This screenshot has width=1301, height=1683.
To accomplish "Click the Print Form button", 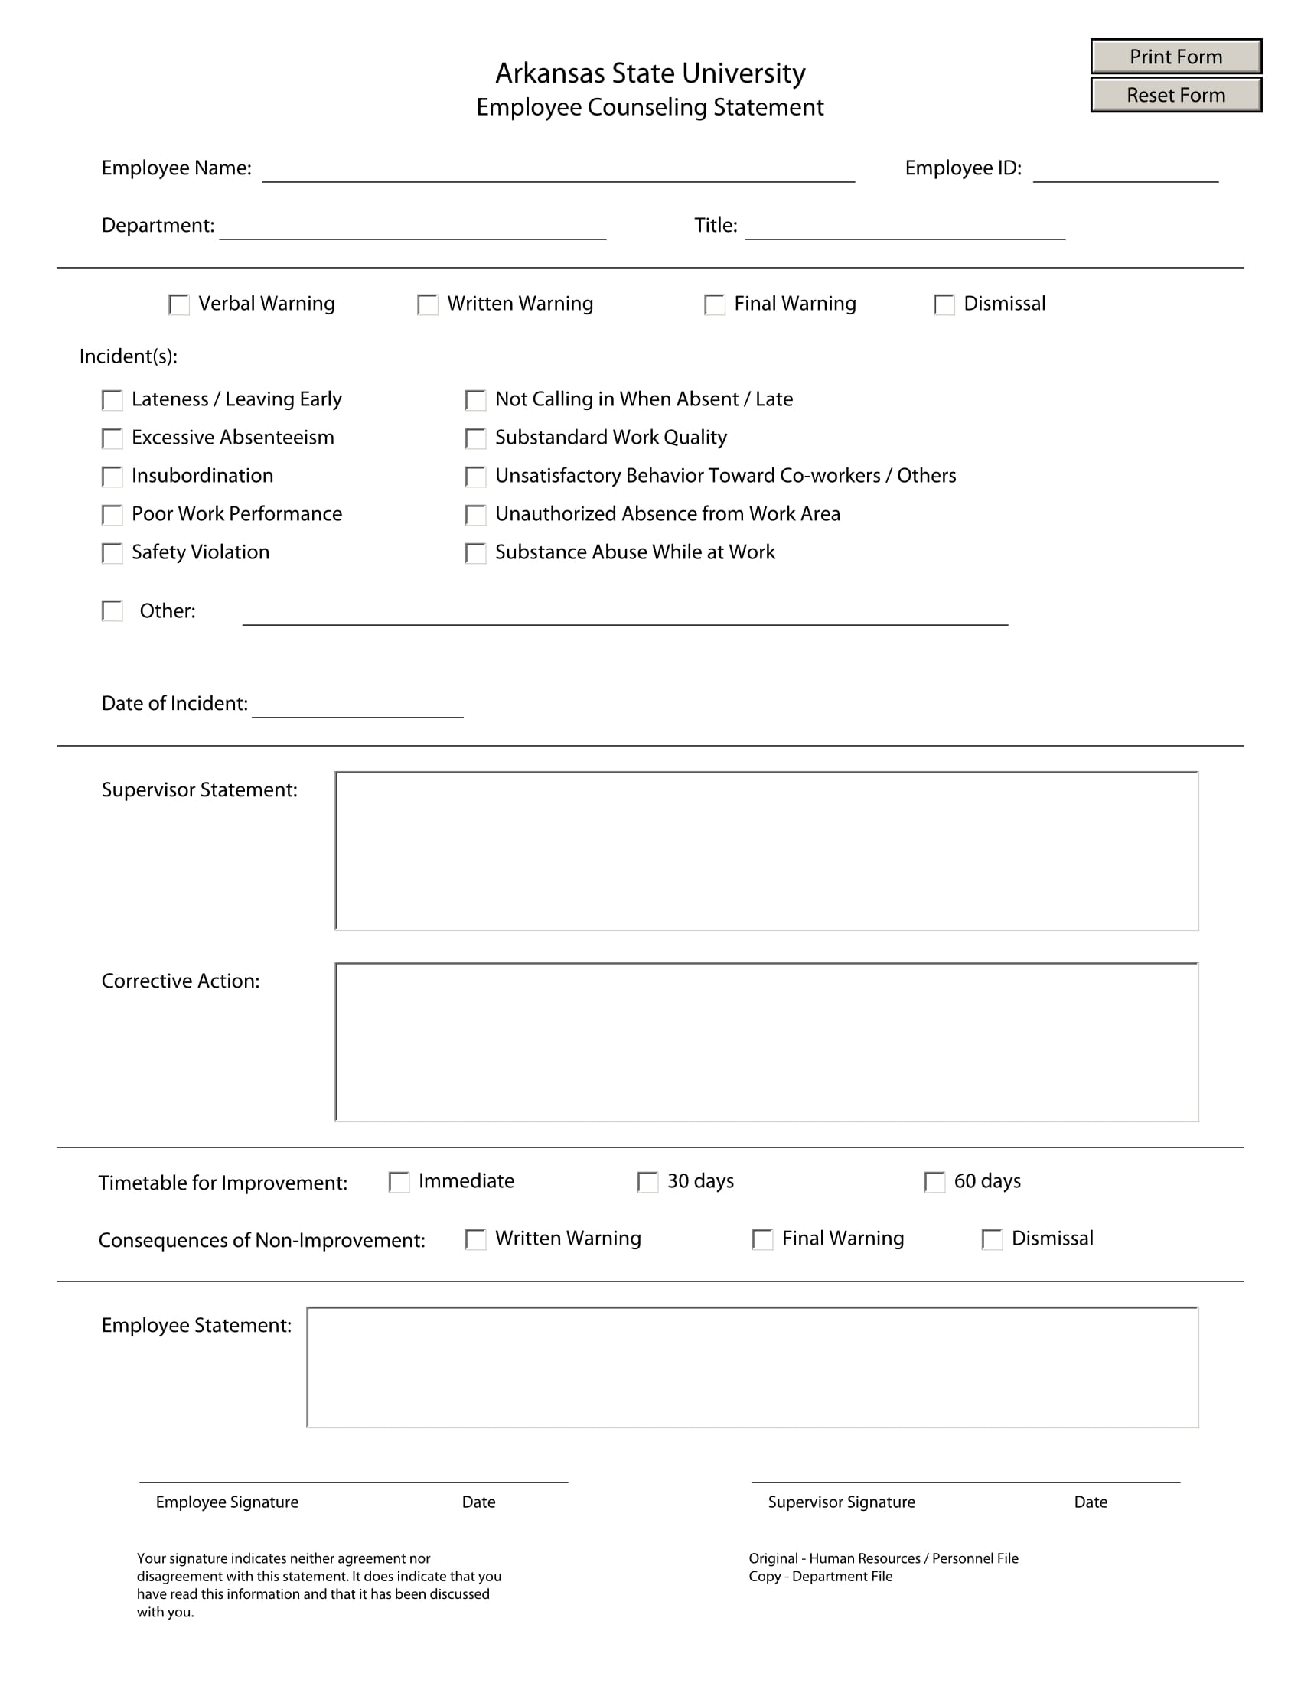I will (1175, 57).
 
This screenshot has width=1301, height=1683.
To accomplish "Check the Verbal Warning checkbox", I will (179, 304).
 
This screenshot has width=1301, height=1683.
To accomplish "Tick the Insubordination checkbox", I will (112, 477).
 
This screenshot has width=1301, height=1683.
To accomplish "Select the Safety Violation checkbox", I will (112, 553).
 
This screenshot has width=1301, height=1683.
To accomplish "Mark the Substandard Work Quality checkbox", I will (475, 438).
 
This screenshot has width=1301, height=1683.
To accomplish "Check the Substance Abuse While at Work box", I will (475, 553).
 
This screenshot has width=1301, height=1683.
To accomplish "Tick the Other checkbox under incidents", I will (112, 611).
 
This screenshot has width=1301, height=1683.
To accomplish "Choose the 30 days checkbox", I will (647, 1182).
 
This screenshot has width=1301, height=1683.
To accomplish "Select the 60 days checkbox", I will (934, 1182).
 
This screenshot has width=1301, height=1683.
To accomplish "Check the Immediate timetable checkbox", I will (399, 1182).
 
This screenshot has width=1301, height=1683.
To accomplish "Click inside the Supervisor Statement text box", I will (767, 851).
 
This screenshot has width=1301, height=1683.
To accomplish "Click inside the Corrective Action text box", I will (767, 1042).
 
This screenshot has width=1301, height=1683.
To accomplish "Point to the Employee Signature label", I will (227, 1502).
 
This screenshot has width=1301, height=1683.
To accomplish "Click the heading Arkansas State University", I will (650, 73).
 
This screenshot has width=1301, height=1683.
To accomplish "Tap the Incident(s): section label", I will (129, 356).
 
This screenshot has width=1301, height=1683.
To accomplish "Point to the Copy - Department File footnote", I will (820, 1576).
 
